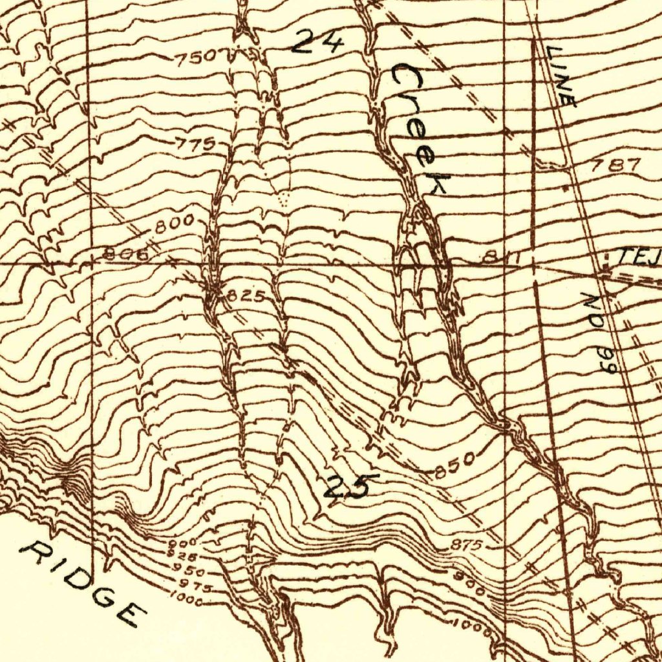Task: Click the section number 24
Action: click(x=317, y=43)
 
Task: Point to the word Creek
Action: click(x=419, y=129)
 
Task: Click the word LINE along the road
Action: click(x=560, y=76)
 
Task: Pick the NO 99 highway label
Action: click(x=600, y=334)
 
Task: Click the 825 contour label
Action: click(x=245, y=297)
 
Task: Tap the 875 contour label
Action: click(x=465, y=546)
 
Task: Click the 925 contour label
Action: click(x=178, y=554)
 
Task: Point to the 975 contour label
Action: click(x=192, y=586)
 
